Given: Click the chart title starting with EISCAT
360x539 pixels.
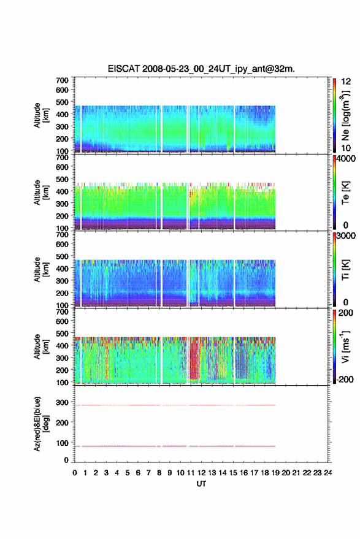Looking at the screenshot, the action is [x=201, y=69].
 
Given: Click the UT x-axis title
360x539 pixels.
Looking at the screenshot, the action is [x=201, y=484].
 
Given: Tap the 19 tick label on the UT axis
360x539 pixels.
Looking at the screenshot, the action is [x=275, y=473].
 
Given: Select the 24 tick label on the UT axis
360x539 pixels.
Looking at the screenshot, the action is [x=327, y=473].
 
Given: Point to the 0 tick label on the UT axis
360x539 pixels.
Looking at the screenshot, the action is [x=75, y=473].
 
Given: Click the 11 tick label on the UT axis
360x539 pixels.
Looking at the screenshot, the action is [x=191, y=473].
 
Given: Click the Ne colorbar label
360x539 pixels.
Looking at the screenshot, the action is [x=345, y=115].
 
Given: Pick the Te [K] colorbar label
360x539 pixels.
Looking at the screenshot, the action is [x=345, y=193].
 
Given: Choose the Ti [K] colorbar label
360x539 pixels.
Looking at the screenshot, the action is [x=345, y=270].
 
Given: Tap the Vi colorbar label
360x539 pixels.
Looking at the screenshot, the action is [x=345, y=347].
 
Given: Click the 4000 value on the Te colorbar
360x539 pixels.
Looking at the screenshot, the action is [x=346, y=159].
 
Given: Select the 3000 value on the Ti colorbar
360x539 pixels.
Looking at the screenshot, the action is [x=346, y=236].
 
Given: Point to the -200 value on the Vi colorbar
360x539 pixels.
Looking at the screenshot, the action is [x=345, y=379].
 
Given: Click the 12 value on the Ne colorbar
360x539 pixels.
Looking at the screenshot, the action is [x=346, y=82].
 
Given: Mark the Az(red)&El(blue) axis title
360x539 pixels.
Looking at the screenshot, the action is [x=37, y=424].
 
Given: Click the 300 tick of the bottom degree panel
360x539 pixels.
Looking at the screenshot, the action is [x=62, y=402].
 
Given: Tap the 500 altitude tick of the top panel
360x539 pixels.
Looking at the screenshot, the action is [x=62, y=102].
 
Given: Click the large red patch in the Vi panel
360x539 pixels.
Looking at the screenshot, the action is [x=194, y=359].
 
